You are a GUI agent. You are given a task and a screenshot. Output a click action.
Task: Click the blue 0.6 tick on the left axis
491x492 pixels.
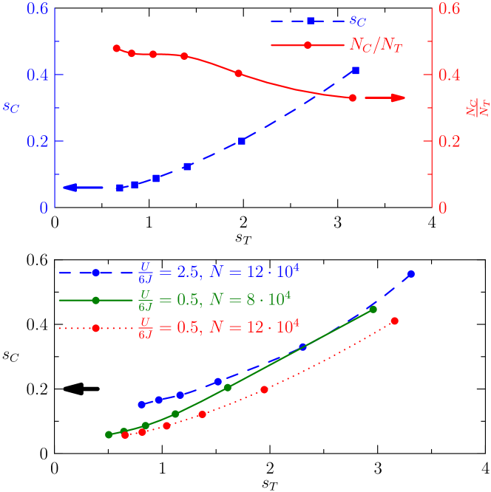(x=38, y=9)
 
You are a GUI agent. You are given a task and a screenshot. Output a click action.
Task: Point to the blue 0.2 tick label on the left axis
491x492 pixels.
(x=38, y=141)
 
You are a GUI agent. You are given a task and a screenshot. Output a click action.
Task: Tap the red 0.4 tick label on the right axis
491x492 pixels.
(x=448, y=75)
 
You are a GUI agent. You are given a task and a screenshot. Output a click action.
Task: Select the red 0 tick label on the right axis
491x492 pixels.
(x=443, y=208)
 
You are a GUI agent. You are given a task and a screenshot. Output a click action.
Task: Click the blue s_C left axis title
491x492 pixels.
(x=11, y=107)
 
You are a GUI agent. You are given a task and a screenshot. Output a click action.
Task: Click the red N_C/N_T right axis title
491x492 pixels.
(x=482, y=107)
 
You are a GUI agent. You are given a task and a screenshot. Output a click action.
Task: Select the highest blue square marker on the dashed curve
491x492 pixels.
(x=356, y=70)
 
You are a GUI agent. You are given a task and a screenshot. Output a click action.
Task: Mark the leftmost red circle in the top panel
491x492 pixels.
(x=117, y=48)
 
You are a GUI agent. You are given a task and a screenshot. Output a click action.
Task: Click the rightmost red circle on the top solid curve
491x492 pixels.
(x=353, y=98)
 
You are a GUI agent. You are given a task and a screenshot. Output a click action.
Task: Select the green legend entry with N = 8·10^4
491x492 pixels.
(x=214, y=300)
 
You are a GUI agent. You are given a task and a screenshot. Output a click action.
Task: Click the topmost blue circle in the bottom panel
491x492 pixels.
(x=411, y=274)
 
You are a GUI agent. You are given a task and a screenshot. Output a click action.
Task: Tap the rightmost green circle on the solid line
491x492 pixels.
(x=373, y=310)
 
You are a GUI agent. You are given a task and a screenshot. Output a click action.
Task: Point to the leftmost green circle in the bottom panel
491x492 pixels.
(x=109, y=434)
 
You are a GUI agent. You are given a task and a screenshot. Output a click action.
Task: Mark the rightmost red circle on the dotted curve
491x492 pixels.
(x=395, y=321)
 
